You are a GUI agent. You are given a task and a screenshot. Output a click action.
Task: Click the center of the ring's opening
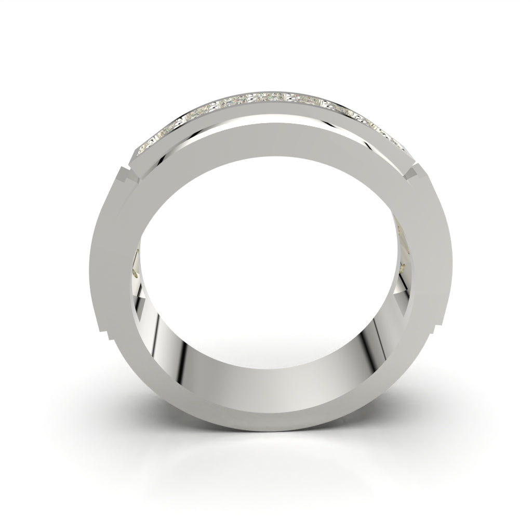(266, 260)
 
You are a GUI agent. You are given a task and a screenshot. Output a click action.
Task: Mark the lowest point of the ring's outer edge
(266, 431)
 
